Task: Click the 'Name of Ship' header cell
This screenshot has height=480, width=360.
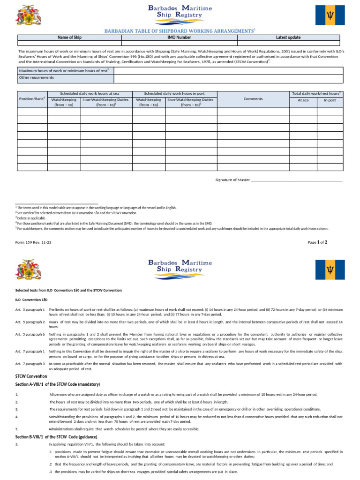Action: tap(69, 37)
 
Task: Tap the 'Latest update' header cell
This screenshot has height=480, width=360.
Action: tap(288, 37)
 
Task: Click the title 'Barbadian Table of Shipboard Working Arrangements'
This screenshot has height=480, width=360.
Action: tap(180, 30)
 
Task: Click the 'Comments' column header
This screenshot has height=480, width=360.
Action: tap(253, 99)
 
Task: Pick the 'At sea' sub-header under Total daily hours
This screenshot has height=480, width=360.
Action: tap(303, 100)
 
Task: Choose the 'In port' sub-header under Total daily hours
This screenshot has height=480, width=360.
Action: tap(330, 100)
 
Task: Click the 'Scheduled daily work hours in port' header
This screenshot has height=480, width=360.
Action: tap(174, 93)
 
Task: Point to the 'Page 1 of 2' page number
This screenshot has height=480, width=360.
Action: tap(317, 242)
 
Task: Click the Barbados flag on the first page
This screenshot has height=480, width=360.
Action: tap(330, 15)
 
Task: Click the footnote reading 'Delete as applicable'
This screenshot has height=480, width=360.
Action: tap(31, 218)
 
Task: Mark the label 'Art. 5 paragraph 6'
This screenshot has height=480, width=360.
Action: tap(30, 334)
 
